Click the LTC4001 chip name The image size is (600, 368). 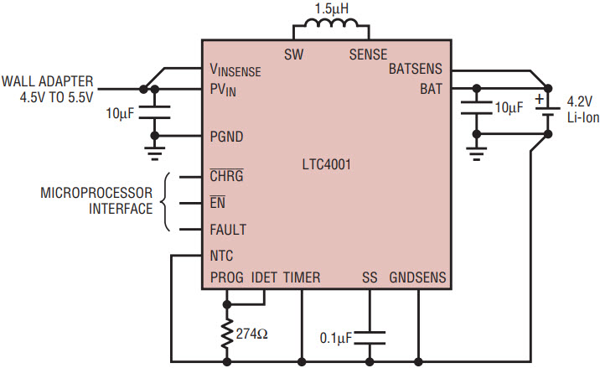click(x=327, y=164)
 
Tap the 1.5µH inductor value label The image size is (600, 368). click(x=331, y=9)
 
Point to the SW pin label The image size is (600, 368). click(x=294, y=54)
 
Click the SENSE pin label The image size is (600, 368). click(x=368, y=54)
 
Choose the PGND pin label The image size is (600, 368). click(x=227, y=136)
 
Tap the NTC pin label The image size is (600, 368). click(x=222, y=255)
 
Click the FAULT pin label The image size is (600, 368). click(x=229, y=229)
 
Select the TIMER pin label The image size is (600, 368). click(x=302, y=277)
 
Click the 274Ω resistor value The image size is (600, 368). click(x=251, y=333)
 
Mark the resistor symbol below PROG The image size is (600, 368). click(x=227, y=333)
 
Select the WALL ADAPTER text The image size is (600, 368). click(x=48, y=81)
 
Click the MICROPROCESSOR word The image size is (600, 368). click(x=97, y=193)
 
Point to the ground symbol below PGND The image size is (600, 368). click(x=154, y=153)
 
